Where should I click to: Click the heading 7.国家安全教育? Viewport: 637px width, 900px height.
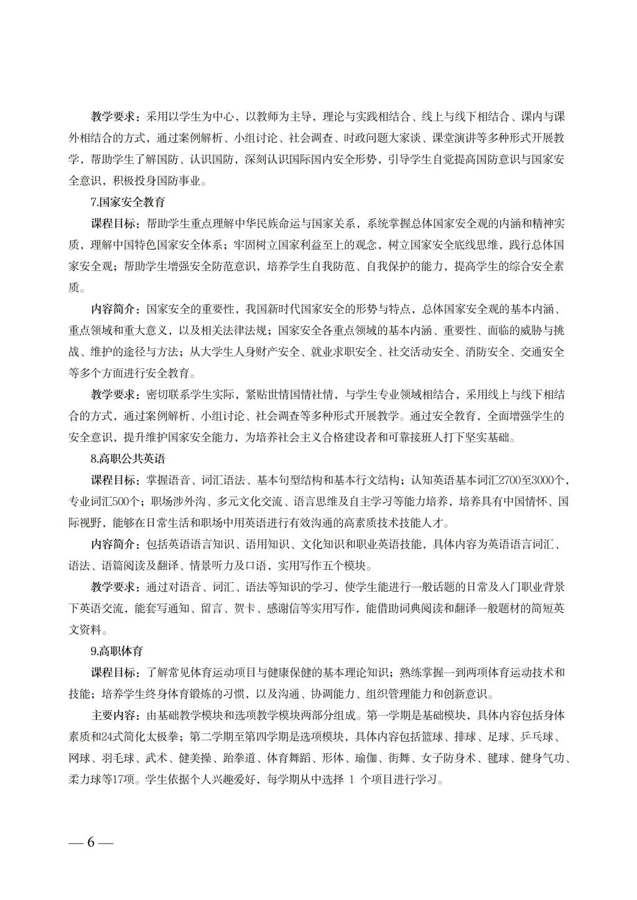coord(128,202)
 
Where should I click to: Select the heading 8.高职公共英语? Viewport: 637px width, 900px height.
coord(128,459)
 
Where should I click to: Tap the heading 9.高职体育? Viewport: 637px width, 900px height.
coord(117,651)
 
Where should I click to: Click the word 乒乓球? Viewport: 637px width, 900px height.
coord(537,737)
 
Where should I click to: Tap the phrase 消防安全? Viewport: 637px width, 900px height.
coord(486,352)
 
